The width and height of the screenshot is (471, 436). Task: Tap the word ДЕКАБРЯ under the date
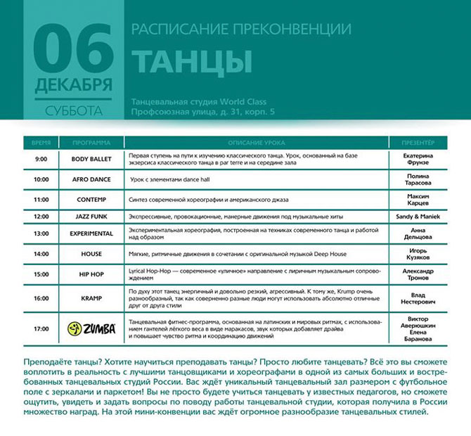(x=73, y=86)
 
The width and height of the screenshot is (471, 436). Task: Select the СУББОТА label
(x=73, y=110)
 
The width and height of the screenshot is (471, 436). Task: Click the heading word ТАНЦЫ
(x=191, y=62)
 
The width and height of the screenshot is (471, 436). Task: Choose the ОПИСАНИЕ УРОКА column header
(x=257, y=143)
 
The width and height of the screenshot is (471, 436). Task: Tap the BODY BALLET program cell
(x=91, y=160)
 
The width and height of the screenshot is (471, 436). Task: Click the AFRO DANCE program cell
(x=91, y=180)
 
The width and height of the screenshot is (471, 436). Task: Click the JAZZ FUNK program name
(x=91, y=217)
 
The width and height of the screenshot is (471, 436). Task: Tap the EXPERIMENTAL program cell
(x=91, y=234)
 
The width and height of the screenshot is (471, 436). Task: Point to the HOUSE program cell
(x=91, y=254)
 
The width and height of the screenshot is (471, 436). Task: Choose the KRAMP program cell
(x=91, y=298)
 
